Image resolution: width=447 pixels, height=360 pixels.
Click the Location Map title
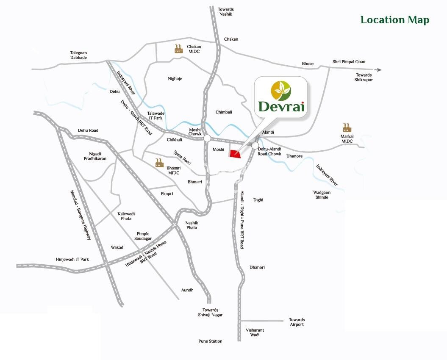click(394, 20)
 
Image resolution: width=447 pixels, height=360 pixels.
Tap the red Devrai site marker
click(234, 153)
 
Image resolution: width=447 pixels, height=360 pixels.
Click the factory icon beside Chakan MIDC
click(178, 48)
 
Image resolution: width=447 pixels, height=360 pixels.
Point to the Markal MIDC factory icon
click(347, 127)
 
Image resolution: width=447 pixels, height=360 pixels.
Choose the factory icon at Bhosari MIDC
click(159, 162)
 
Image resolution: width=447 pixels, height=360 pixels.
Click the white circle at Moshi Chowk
click(207, 138)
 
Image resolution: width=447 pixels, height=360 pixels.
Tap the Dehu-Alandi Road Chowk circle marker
click(255, 145)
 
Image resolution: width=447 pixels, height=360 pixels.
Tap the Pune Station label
click(210, 341)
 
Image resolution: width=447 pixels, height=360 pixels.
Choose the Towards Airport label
click(297, 322)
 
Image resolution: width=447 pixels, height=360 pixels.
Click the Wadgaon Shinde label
click(322, 195)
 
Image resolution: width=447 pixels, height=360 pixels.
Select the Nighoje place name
click(175, 78)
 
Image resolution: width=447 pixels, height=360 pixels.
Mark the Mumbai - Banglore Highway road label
click(81, 215)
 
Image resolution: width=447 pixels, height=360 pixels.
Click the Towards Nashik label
click(226, 11)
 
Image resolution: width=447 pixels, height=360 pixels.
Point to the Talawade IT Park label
click(155, 116)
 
